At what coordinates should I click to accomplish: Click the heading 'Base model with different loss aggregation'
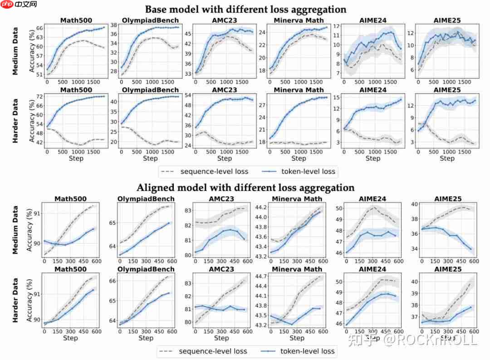pos(245,9)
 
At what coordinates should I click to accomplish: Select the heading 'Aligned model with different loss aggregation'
pos(245,187)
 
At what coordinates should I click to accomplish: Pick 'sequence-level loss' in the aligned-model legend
pos(213,351)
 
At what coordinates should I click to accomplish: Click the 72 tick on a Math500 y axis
pos(39,97)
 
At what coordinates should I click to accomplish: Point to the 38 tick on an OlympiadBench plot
pos(114,25)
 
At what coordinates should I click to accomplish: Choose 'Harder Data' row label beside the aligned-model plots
pos(15,300)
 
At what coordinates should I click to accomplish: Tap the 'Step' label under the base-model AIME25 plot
pos(446,158)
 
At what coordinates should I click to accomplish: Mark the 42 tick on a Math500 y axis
pos(39,142)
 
